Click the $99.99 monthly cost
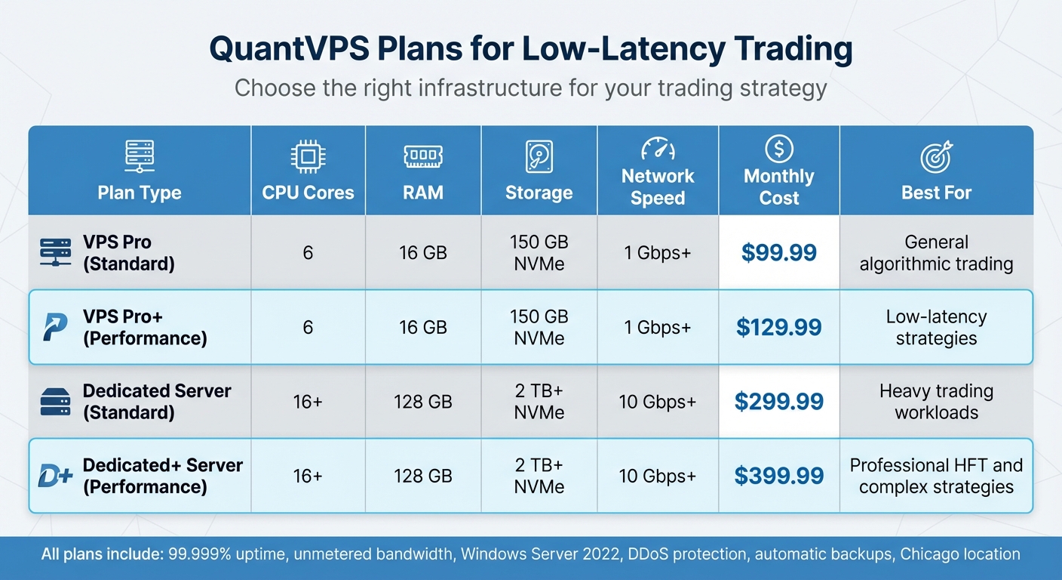click(778, 252)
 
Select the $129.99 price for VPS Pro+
click(778, 327)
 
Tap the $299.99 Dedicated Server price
click(778, 401)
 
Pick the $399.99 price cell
click(778, 476)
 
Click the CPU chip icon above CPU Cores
click(308, 157)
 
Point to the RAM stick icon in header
click(422, 157)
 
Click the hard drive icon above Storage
click(539, 157)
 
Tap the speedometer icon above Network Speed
click(658, 148)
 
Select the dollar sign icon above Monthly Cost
click(778, 149)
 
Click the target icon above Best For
click(936, 157)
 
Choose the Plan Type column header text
click(140, 193)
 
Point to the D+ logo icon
click(56, 476)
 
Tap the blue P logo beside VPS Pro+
click(55, 327)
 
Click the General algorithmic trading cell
click(936, 252)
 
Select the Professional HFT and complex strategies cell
click(936, 476)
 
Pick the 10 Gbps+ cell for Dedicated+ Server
click(658, 476)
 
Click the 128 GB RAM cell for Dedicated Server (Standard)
click(422, 401)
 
